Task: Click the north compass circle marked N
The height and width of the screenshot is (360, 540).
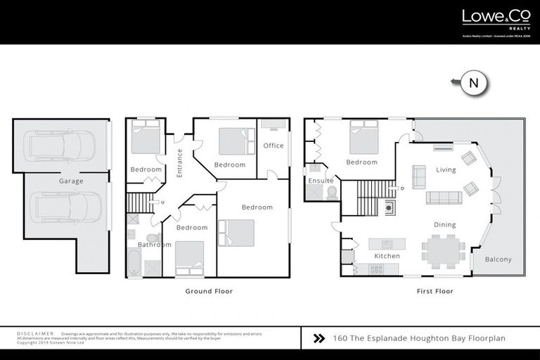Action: [x=474, y=83]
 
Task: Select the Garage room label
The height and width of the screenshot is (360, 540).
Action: [x=71, y=181]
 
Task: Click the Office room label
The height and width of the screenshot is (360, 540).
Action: [x=274, y=146]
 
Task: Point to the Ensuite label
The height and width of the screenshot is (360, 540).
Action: [x=321, y=181]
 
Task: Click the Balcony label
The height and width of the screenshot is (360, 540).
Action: [x=499, y=259]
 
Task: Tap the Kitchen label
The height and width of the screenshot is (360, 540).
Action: [x=387, y=256]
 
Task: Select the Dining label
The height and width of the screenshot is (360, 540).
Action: [x=444, y=225]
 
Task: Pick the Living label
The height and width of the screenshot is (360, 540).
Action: [x=446, y=169]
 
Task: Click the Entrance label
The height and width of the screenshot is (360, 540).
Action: [x=180, y=162]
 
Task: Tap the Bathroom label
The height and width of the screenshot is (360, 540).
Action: [x=154, y=245]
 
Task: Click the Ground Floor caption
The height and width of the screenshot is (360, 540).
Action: [x=209, y=291]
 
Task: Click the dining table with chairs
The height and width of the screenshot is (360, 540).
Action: [x=443, y=251]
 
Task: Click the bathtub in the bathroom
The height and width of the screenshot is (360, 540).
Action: [x=134, y=264]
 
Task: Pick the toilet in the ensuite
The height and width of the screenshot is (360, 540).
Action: [x=332, y=192]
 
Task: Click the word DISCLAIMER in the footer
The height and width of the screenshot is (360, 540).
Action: [x=35, y=333]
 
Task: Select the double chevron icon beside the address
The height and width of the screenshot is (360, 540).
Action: [x=319, y=338]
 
